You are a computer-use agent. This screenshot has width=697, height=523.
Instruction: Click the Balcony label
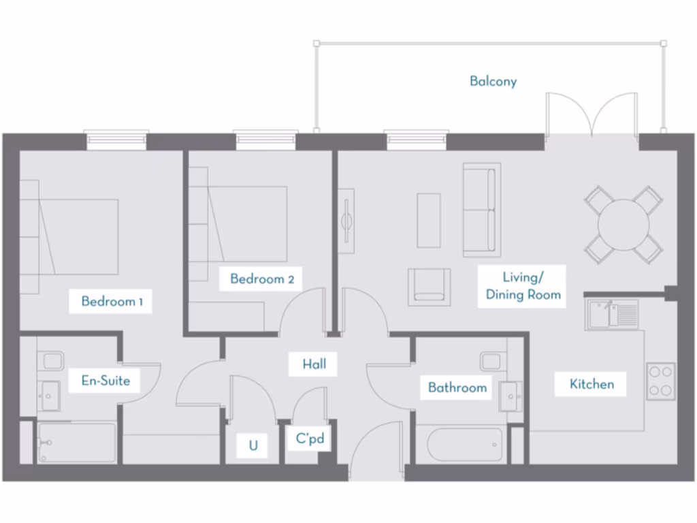pos(493,81)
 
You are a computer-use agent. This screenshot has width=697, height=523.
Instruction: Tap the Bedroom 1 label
pos(112,301)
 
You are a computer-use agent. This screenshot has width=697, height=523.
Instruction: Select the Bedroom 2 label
pos(262,279)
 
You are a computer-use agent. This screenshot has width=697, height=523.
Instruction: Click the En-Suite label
pos(106,381)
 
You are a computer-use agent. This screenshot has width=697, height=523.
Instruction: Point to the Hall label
pos(314,364)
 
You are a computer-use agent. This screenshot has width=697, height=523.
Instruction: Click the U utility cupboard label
pos(253,446)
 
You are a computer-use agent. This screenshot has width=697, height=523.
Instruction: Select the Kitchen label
pos(591,384)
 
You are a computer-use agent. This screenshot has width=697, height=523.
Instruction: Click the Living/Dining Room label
pos(523,286)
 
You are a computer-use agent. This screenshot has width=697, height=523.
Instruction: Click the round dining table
pos(623,224)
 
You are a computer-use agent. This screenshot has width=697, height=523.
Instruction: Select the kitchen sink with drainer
pos(611,315)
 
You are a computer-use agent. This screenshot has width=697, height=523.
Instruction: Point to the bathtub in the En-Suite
pos(77,443)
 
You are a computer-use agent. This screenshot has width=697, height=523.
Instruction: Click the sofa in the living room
pos(482,210)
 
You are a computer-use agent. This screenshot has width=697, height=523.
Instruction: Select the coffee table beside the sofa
pos(429,220)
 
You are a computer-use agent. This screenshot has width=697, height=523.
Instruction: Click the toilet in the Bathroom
pos(491,361)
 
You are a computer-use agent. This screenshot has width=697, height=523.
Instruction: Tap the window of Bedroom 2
pos(267,140)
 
